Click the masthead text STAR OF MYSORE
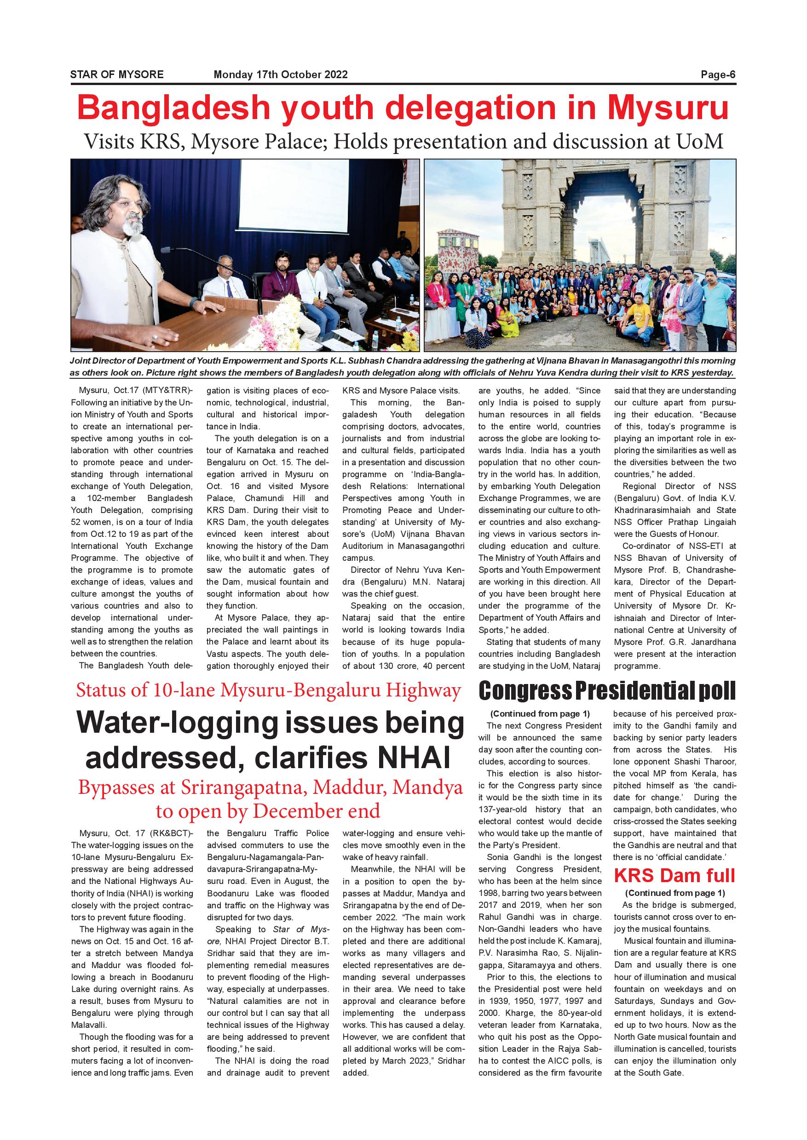coord(117,74)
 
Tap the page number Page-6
coord(718,74)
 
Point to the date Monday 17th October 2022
coord(280,74)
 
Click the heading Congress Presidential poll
coord(607,690)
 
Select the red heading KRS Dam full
coord(674,876)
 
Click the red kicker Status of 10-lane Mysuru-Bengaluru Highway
coord(268,690)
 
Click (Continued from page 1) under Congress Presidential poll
coord(540,714)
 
